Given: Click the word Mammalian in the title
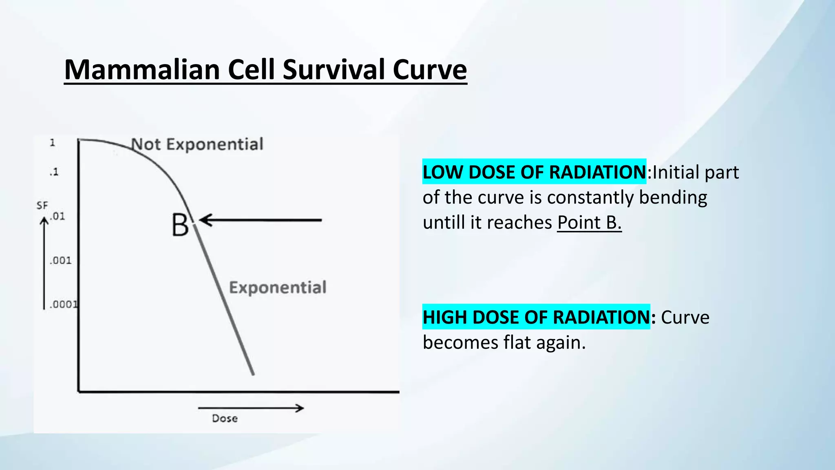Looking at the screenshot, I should pyautogui.click(x=141, y=70).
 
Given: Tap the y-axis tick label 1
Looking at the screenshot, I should pyautogui.click(x=52, y=143).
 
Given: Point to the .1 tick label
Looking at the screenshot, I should pyautogui.click(x=54, y=172).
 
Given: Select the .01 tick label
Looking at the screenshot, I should pyautogui.click(x=57, y=216).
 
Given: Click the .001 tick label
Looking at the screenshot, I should pyautogui.click(x=60, y=260).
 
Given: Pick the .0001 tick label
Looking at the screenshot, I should pyautogui.click(x=63, y=304).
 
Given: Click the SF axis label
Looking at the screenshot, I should pyautogui.click(x=42, y=205).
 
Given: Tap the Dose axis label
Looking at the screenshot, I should pyautogui.click(x=225, y=419).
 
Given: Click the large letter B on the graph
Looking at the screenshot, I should pyautogui.click(x=180, y=225).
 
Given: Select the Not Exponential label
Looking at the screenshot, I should pyautogui.click(x=197, y=144).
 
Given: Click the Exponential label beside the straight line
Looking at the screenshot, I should pyautogui.click(x=278, y=288).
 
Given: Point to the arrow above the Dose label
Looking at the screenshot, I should pyautogui.click(x=251, y=408).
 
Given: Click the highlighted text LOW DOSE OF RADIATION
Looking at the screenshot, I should pyautogui.click(x=534, y=172).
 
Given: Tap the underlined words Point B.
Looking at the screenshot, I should pyautogui.click(x=589, y=223).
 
